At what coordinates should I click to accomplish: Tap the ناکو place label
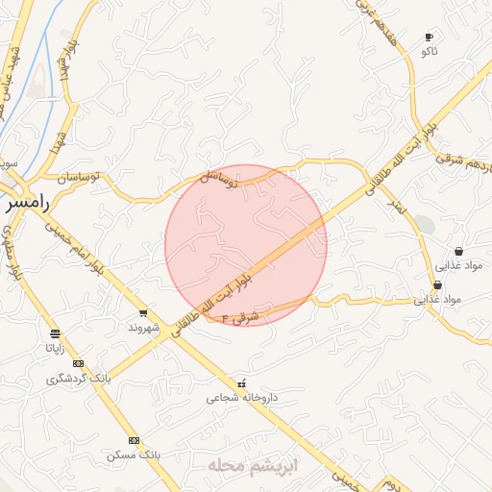[429, 51]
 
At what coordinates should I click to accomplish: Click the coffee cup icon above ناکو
[429, 37]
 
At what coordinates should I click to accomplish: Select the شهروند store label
[142, 327]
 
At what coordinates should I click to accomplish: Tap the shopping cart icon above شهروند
[143, 313]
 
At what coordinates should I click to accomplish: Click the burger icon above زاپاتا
[55, 334]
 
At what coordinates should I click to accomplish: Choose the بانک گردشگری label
[79, 379]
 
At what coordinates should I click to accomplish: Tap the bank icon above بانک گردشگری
[79, 364]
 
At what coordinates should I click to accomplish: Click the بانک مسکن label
[134, 454]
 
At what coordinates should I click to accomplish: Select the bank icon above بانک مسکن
[134, 440]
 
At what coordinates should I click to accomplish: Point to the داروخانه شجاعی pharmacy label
[241, 396]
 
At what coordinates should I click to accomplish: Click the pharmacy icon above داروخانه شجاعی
[241, 382]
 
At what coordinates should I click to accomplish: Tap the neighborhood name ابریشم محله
[254, 465]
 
